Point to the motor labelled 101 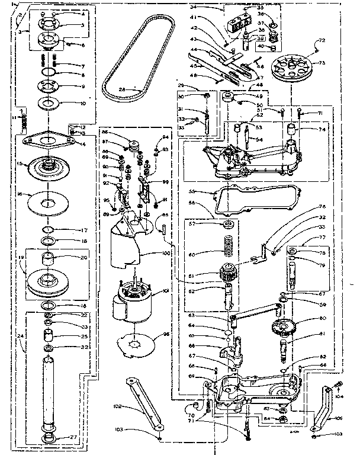134,302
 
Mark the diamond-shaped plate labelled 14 48,142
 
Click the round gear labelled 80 287,326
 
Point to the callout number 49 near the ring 259,96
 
